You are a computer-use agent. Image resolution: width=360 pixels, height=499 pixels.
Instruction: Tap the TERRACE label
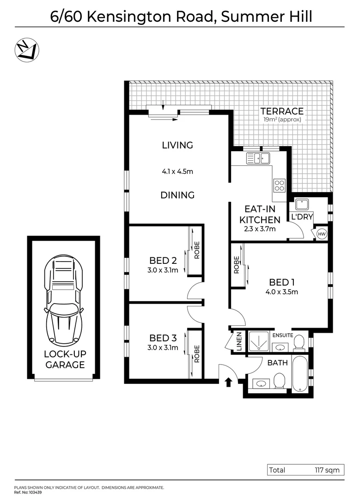click(281, 111)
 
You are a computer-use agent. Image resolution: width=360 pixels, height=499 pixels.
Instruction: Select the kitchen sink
click(258, 159)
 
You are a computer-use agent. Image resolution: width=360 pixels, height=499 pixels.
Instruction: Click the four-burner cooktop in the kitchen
click(279, 185)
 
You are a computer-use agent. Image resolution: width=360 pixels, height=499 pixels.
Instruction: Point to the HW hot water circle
click(322, 234)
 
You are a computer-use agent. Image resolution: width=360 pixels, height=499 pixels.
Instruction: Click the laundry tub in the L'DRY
click(302, 204)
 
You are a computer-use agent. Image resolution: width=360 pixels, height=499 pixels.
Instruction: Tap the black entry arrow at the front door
click(227, 382)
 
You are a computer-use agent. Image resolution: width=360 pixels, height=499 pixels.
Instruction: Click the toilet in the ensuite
click(298, 342)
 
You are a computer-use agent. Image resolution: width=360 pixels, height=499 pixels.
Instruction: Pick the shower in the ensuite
click(259, 342)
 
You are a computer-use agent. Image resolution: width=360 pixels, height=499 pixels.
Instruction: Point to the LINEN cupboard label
click(239, 342)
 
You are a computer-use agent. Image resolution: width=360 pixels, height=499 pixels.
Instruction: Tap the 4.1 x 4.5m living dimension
click(177, 171)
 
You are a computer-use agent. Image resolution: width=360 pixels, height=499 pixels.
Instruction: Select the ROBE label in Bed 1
click(236, 265)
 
